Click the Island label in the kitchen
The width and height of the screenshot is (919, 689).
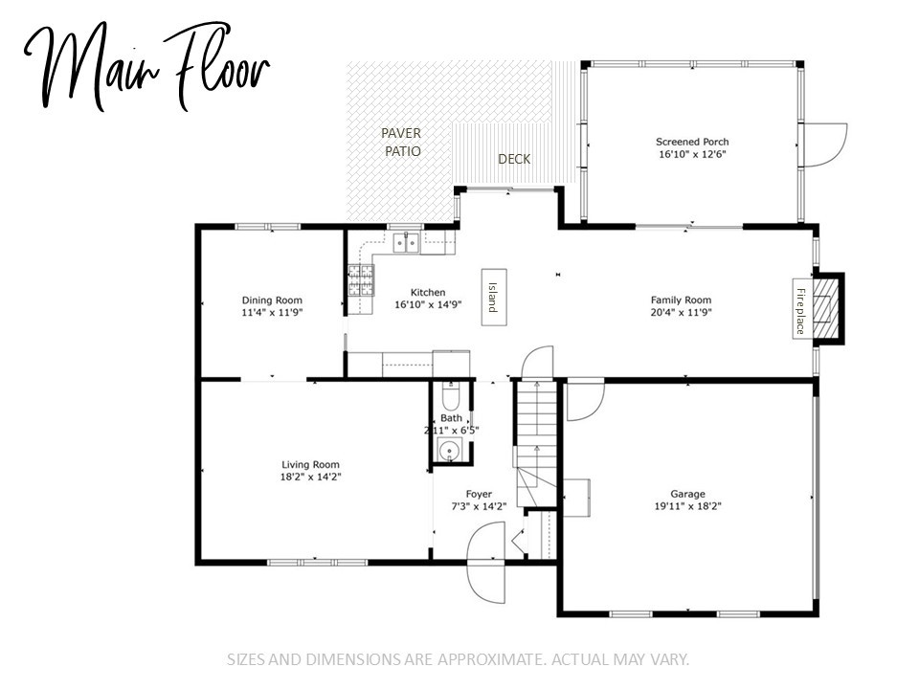tap(493, 298)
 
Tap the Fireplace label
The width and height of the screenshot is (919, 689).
tap(800, 310)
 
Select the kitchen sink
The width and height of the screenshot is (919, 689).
tap(407, 241)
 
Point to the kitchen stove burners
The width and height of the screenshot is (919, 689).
tap(361, 279)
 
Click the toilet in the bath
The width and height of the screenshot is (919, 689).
tap(450, 397)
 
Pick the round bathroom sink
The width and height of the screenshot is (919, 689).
tap(450, 451)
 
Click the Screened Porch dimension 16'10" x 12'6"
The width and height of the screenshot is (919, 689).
tap(692, 155)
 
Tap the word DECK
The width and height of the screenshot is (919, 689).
tap(514, 159)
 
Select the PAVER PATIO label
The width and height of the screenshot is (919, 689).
tap(402, 143)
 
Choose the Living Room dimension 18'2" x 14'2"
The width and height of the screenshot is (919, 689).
tap(310, 477)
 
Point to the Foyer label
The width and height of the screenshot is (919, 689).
tap(479, 494)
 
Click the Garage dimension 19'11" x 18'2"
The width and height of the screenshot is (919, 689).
tap(688, 506)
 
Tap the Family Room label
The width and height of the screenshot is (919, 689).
tap(681, 300)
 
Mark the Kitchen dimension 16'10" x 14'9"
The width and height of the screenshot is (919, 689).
tap(429, 304)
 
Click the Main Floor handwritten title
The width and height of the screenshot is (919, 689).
tap(147, 66)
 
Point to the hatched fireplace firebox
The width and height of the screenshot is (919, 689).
tap(826, 308)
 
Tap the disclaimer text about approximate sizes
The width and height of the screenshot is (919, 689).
tap(458, 659)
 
